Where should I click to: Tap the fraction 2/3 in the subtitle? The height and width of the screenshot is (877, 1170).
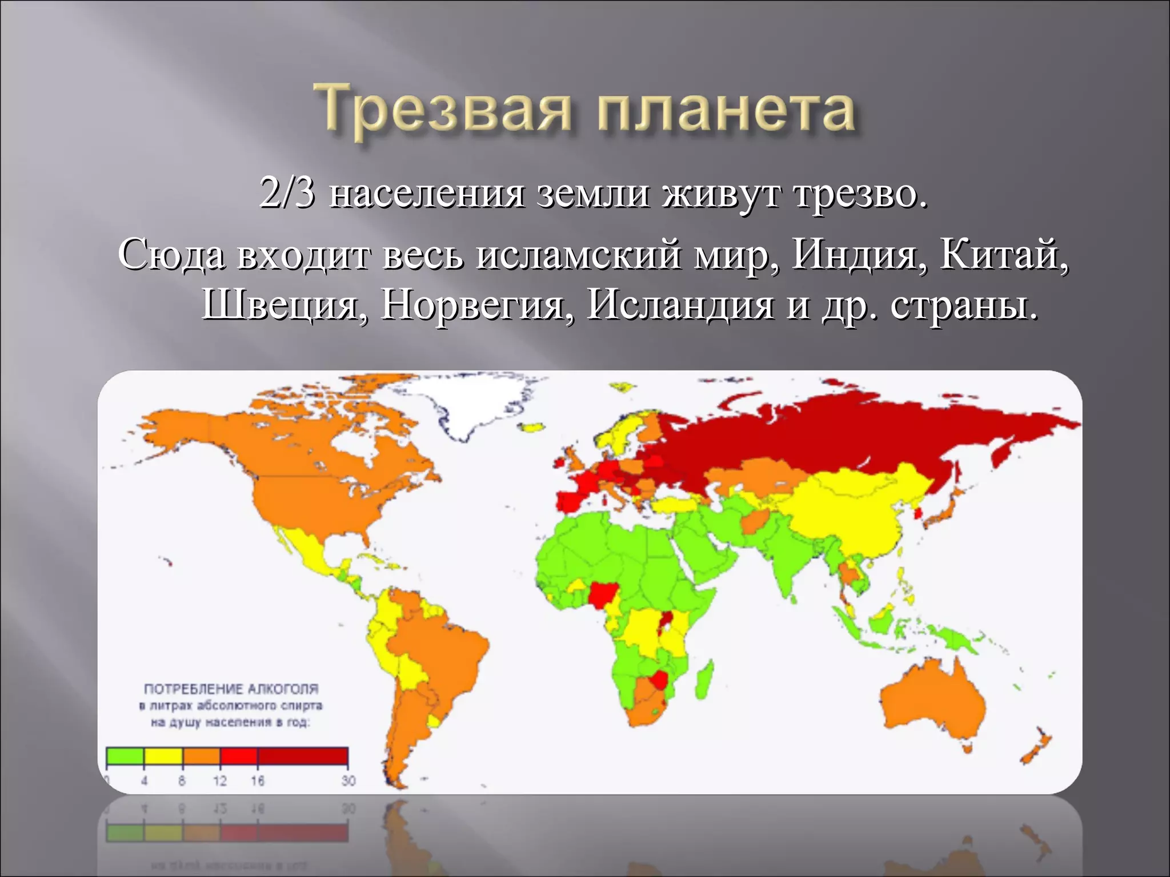[287, 193]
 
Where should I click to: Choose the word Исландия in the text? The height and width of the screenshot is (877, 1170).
[680, 305]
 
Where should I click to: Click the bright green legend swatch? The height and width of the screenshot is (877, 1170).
[125, 755]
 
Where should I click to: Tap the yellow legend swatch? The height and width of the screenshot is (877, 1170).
[163, 755]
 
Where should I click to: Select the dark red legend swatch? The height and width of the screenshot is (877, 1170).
[303, 755]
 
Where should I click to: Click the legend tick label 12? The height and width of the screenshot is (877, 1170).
[220, 780]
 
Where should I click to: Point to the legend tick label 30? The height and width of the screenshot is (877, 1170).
[348, 780]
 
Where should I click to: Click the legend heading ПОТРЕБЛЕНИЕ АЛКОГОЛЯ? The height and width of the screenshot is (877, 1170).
[231, 689]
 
